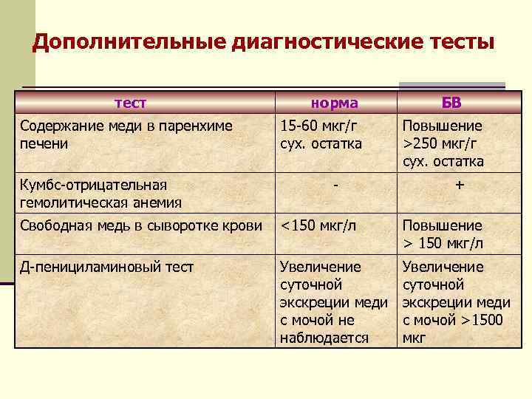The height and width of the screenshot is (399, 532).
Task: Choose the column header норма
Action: coord(335,103)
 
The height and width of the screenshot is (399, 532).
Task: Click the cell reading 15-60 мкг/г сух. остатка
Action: coord(321,134)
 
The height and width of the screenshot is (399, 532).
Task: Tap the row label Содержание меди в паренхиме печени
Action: coord(126,134)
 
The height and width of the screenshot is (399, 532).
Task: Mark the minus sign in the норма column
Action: coord(335,185)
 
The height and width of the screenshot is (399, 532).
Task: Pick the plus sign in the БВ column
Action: coord(460,185)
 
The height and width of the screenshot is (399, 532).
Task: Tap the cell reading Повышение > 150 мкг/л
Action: coord(443,235)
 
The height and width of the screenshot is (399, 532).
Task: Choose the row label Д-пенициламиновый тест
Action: coord(107,267)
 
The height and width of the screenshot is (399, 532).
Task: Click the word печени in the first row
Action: coord(44,143)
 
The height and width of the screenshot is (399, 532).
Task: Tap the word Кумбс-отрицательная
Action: coord(93,185)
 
